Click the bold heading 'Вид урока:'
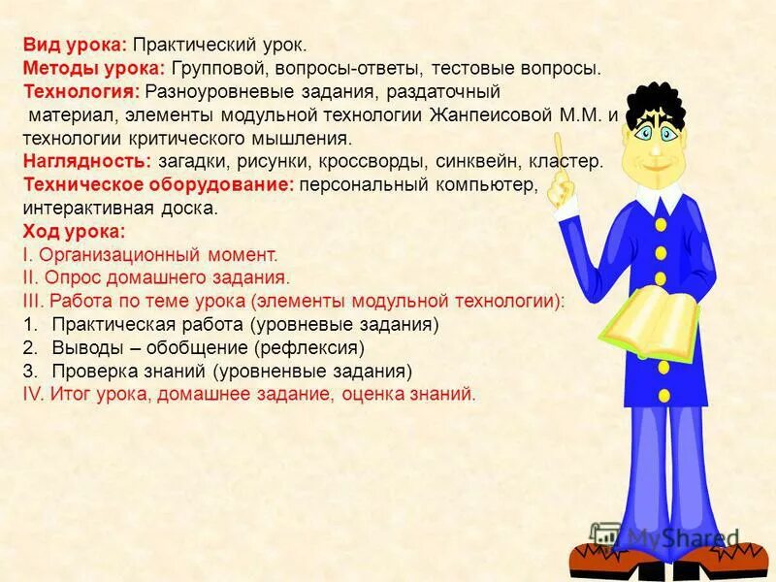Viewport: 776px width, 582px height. pos(74,46)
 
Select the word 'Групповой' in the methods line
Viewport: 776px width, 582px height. pos(221,69)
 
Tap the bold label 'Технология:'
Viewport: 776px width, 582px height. pos(82,92)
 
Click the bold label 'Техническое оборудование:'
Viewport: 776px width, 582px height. pos(157,185)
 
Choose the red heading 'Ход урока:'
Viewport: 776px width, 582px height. pos(74,232)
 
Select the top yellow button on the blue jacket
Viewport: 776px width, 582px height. pos(661,224)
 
